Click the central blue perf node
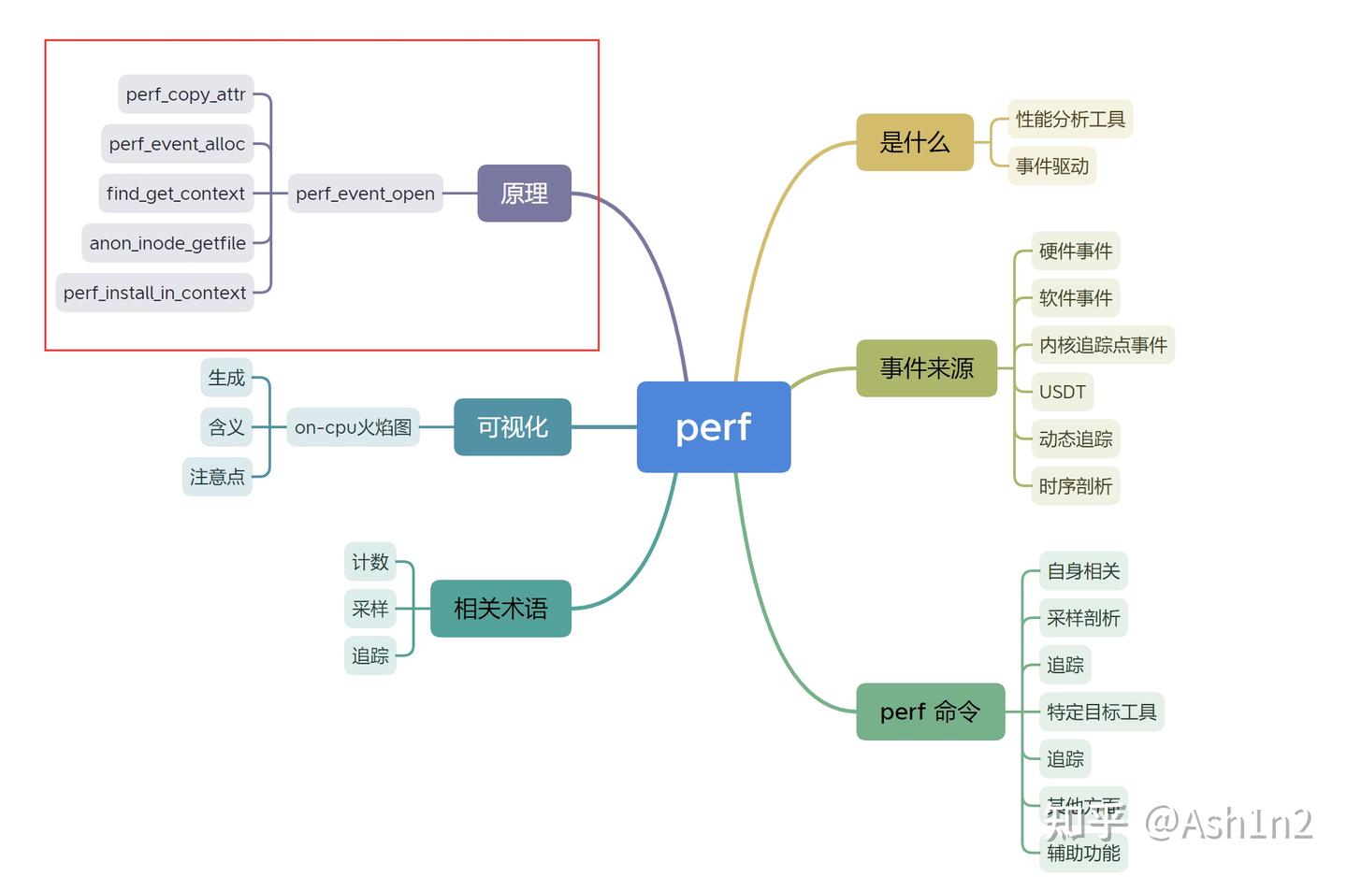tap(714, 427)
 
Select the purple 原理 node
tap(524, 194)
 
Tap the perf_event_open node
tap(365, 194)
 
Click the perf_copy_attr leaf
tap(185, 94)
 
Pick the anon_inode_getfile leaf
tap(167, 243)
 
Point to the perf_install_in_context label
tap(154, 293)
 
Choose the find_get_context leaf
tap(176, 194)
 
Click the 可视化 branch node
tap(512, 427)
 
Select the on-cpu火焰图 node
tap(353, 427)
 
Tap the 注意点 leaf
tap(217, 477)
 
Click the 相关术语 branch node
tap(500, 609)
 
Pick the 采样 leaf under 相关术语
tap(369, 609)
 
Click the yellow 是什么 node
tap(914, 142)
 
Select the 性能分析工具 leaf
tap(1070, 119)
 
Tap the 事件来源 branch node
tap(926, 368)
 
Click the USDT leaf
tap(1062, 392)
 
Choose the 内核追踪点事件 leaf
tap(1102, 345)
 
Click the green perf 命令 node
tap(930, 712)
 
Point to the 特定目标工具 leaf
tap(1101, 712)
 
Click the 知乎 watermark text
tap(1085, 824)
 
